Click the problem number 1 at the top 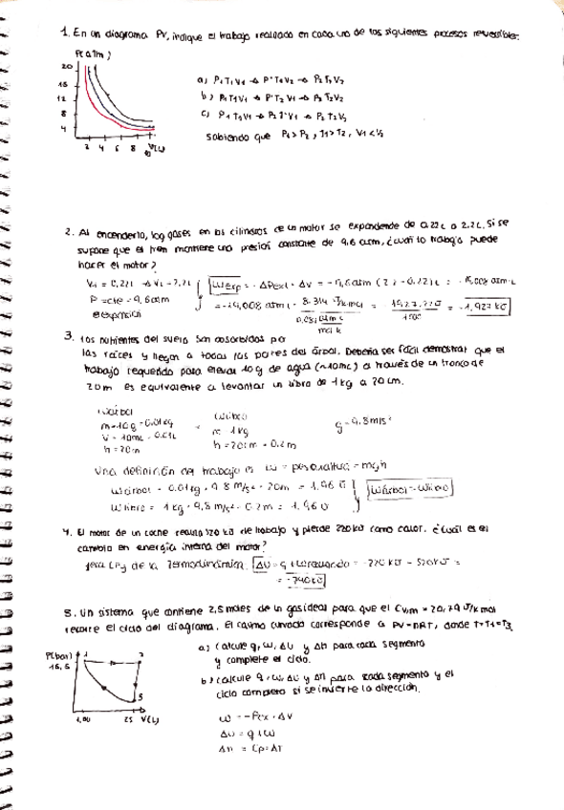tap(63, 32)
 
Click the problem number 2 tap(67, 232)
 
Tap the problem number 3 tap(67, 336)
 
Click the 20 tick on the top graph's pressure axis tap(66, 67)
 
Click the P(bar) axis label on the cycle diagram tap(59, 656)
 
